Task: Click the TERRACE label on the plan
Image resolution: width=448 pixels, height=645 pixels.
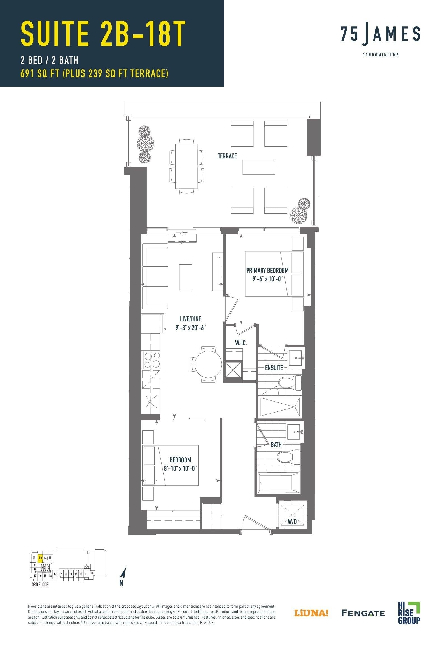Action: click(227, 156)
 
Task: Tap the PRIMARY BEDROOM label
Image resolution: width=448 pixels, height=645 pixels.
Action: click(267, 270)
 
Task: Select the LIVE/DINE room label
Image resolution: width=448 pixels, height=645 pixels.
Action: click(190, 319)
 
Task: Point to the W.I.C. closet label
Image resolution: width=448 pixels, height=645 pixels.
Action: click(241, 343)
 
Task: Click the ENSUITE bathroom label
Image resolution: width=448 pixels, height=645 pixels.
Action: click(274, 368)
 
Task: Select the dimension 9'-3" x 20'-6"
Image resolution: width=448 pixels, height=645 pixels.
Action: click(190, 328)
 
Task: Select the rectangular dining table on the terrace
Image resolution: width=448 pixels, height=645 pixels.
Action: click(186, 166)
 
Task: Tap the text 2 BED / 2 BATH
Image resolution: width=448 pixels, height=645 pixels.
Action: click(49, 60)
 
